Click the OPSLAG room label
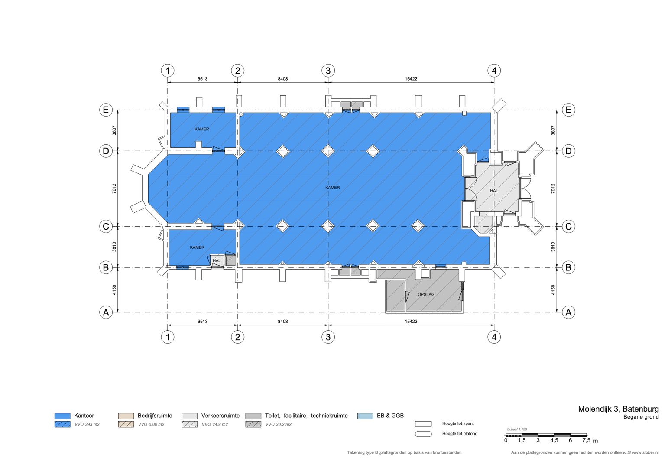(x=426, y=295)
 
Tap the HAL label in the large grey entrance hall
(x=494, y=191)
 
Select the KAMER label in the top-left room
(x=201, y=129)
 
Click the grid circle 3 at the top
(x=328, y=71)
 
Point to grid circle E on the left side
(x=106, y=110)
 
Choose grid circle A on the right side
(x=568, y=312)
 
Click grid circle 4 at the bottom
(x=494, y=337)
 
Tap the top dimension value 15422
(x=411, y=79)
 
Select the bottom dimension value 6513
(x=202, y=322)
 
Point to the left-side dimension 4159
(x=114, y=290)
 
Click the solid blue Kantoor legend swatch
(x=62, y=416)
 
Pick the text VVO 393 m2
(x=87, y=424)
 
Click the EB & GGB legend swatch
(x=365, y=416)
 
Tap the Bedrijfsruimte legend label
(x=155, y=416)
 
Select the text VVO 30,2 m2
(x=278, y=424)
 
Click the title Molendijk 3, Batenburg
(x=618, y=409)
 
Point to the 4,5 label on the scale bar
(x=554, y=440)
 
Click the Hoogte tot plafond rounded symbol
(x=423, y=434)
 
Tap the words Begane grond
(x=641, y=417)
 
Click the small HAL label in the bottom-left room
(x=217, y=261)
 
